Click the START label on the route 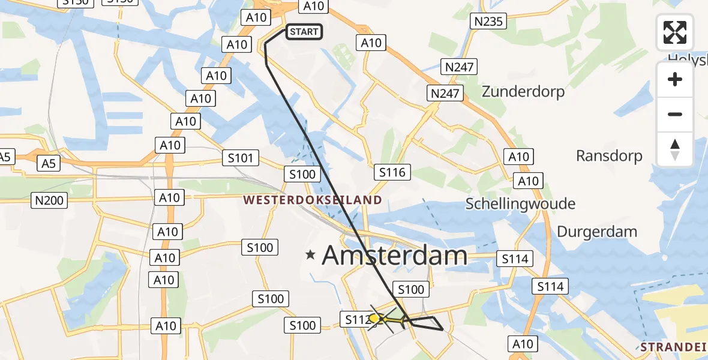coord(304,32)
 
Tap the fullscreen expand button coord(675,32)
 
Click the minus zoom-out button coord(675,114)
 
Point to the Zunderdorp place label coord(523,92)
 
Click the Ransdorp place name coord(609,156)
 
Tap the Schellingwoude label coord(520,204)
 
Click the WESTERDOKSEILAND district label coord(312,200)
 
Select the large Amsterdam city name coord(394,256)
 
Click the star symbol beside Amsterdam coord(310,255)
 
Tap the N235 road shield coord(490,22)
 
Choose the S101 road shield coord(240,158)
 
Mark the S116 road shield coord(392,173)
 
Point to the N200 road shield coord(49,201)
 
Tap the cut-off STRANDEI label coord(673,347)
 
